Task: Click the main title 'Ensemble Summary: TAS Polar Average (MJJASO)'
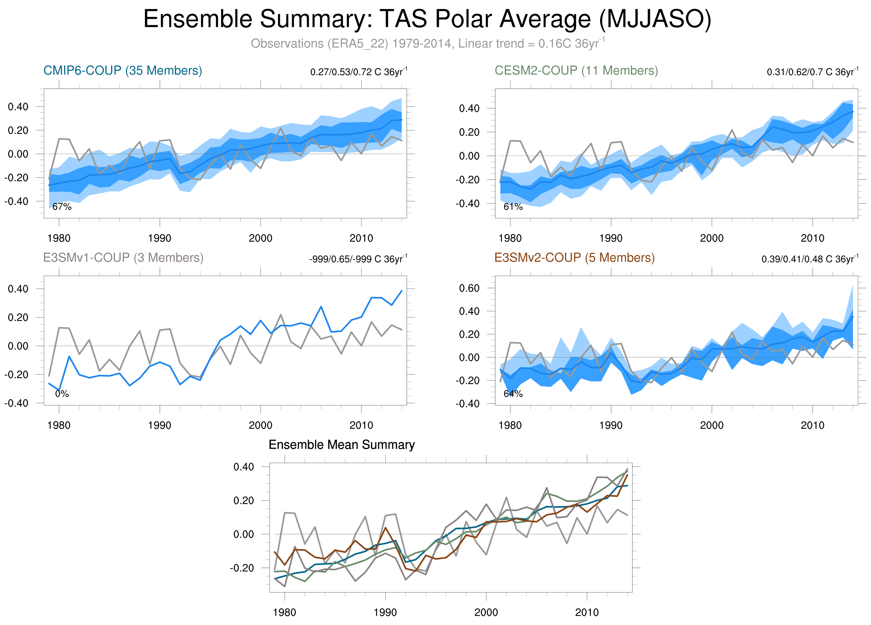pyautogui.click(x=427, y=19)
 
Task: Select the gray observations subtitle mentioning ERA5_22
pyautogui.click(x=427, y=43)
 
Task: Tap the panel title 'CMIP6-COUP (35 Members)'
pyautogui.click(x=122, y=71)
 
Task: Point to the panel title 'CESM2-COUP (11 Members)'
pyautogui.click(x=576, y=71)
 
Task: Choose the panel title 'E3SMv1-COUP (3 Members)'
pyautogui.click(x=123, y=257)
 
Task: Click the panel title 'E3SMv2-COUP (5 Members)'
pyautogui.click(x=574, y=257)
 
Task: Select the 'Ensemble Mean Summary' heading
pyautogui.click(x=342, y=444)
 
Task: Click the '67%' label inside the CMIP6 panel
pyautogui.click(x=62, y=207)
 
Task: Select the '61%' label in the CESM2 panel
pyautogui.click(x=513, y=207)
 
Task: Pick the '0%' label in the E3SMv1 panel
pyautogui.click(x=62, y=394)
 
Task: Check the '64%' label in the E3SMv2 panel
pyautogui.click(x=513, y=394)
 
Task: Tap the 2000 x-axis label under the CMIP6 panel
pyautogui.click(x=260, y=238)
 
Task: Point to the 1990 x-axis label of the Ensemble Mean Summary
pyautogui.click(x=385, y=612)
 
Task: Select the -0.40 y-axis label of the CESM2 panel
pyautogui.click(x=467, y=203)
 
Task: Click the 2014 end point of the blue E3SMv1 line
pyautogui.click(x=402, y=291)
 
